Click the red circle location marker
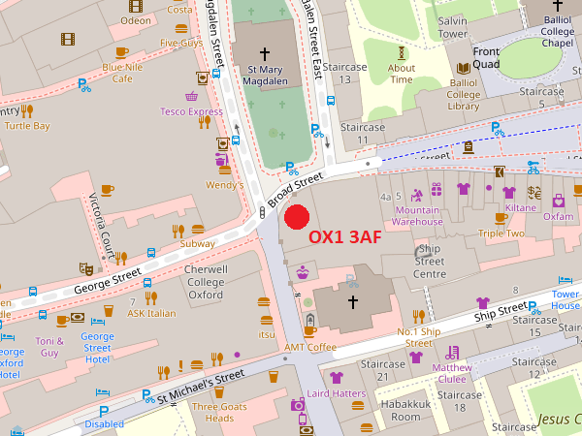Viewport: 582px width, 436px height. pos(296,216)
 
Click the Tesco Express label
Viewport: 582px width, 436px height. pos(191,111)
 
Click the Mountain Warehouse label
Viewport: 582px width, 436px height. pos(417,215)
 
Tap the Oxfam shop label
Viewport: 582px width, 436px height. pos(558,216)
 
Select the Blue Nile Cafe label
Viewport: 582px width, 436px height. pos(122,73)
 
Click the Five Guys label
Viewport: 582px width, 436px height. pos(180,43)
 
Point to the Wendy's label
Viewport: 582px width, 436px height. pos(224,184)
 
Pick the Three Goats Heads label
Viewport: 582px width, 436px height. pos(212,412)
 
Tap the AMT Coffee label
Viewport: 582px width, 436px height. pos(309,346)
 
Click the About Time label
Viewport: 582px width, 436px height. pos(402,74)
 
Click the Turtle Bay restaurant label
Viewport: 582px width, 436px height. pos(27,126)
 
